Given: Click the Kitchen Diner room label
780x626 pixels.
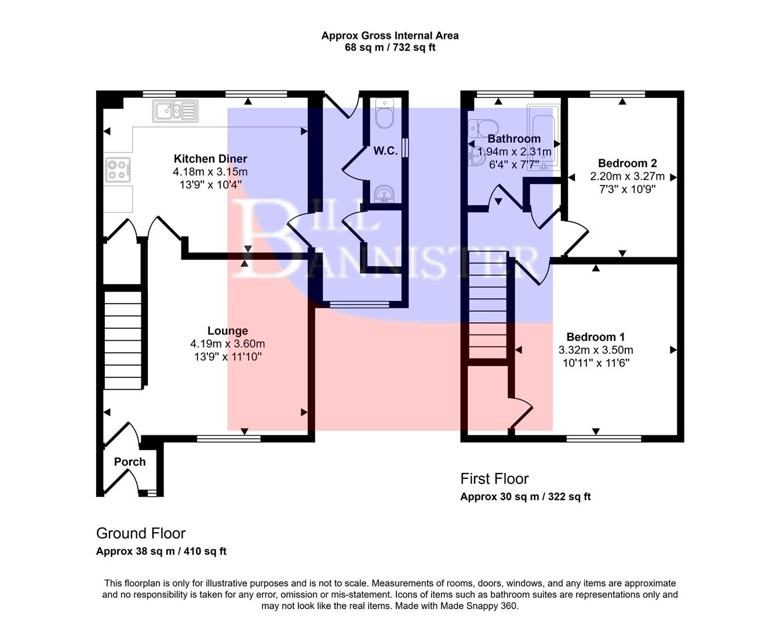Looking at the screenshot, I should (x=210, y=159).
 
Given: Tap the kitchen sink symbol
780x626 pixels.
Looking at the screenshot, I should (x=175, y=111).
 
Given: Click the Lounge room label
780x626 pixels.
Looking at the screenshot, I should (x=228, y=331).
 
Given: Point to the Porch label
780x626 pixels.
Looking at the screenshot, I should (x=130, y=462).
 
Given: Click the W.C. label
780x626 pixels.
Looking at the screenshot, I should (x=385, y=151).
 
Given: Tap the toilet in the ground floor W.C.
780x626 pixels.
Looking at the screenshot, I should (x=384, y=115).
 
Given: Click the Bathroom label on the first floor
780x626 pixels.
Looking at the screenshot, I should (x=514, y=139).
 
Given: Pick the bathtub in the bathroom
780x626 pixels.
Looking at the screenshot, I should (x=544, y=137).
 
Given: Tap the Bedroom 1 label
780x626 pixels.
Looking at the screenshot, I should (x=596, y=337).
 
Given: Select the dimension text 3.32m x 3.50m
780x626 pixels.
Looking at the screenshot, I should (x=596, y=350).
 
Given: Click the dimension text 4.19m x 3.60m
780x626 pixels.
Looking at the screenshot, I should (x=228, y=344).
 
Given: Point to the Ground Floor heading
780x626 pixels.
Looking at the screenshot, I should (x=141, y=533).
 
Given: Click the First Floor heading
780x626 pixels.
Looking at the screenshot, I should (x=494, y=479).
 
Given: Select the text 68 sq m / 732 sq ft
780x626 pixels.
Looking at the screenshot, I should (x=390, y=48).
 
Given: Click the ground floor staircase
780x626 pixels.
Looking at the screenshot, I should (x=123, y=340).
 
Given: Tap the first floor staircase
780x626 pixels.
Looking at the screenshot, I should (x=488, y=307).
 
